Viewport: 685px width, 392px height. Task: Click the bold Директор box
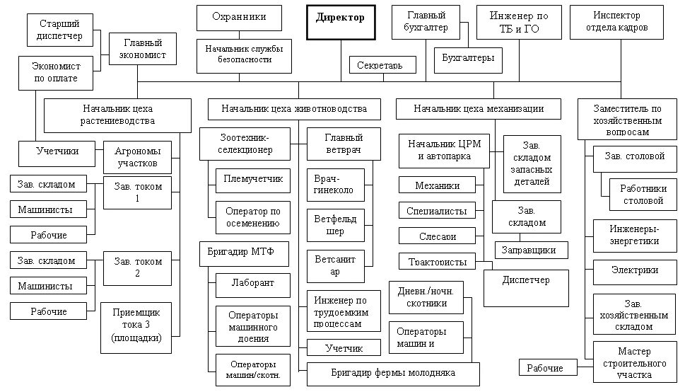[x=341, y=22]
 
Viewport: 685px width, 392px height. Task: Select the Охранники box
[x=238, y=18]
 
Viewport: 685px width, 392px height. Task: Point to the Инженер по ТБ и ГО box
[x=518, y=22]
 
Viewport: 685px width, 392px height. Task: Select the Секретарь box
[x=382, y=65]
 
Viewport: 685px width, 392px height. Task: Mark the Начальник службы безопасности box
[x=244, y=54]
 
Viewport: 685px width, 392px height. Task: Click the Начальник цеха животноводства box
[x=293, y=109]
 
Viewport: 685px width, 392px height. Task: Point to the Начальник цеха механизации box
[x=479, y=109]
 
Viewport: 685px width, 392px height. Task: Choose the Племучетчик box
[x=253, y=179]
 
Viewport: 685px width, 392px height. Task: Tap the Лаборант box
[x=252, y=284]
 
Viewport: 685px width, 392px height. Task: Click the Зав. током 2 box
[x=138, y=267]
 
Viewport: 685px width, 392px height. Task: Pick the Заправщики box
[x=524, y=250]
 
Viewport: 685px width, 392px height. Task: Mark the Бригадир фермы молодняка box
[x=393, y=373]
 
